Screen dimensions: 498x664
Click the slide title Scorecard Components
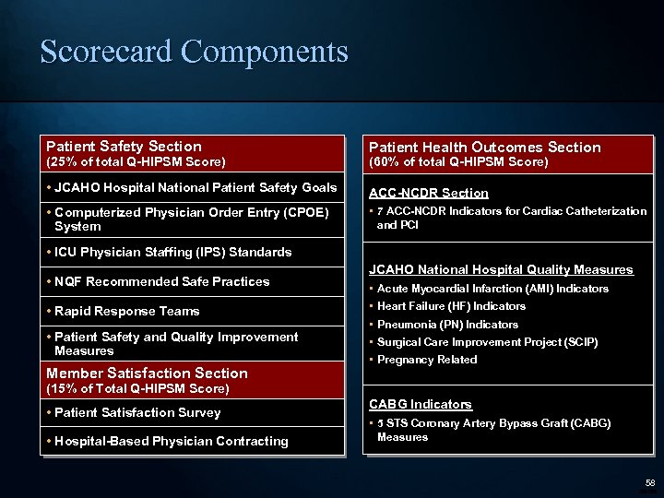tap(194, 51)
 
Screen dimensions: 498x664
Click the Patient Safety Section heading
tap(125, 147)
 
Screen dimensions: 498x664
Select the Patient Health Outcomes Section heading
tap(484, 148)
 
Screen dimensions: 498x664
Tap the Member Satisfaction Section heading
tap(148, 373)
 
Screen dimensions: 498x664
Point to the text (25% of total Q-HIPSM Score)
tap(136, 162)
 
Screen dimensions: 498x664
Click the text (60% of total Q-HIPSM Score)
tap(458, 162)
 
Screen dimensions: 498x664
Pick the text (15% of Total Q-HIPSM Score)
tap(137, 389)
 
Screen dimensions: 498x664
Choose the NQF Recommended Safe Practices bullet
tap(161, 282)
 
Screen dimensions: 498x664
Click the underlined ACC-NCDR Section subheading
tap(429, 194)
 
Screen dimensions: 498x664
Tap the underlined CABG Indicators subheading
tap(421, 405)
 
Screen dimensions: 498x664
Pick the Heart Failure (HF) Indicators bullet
tap(451, 306)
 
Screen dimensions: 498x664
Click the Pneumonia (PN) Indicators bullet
tap(447, 325)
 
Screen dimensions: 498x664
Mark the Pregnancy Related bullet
tap(427, 360)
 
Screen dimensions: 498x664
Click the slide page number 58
tap(650, 482)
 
